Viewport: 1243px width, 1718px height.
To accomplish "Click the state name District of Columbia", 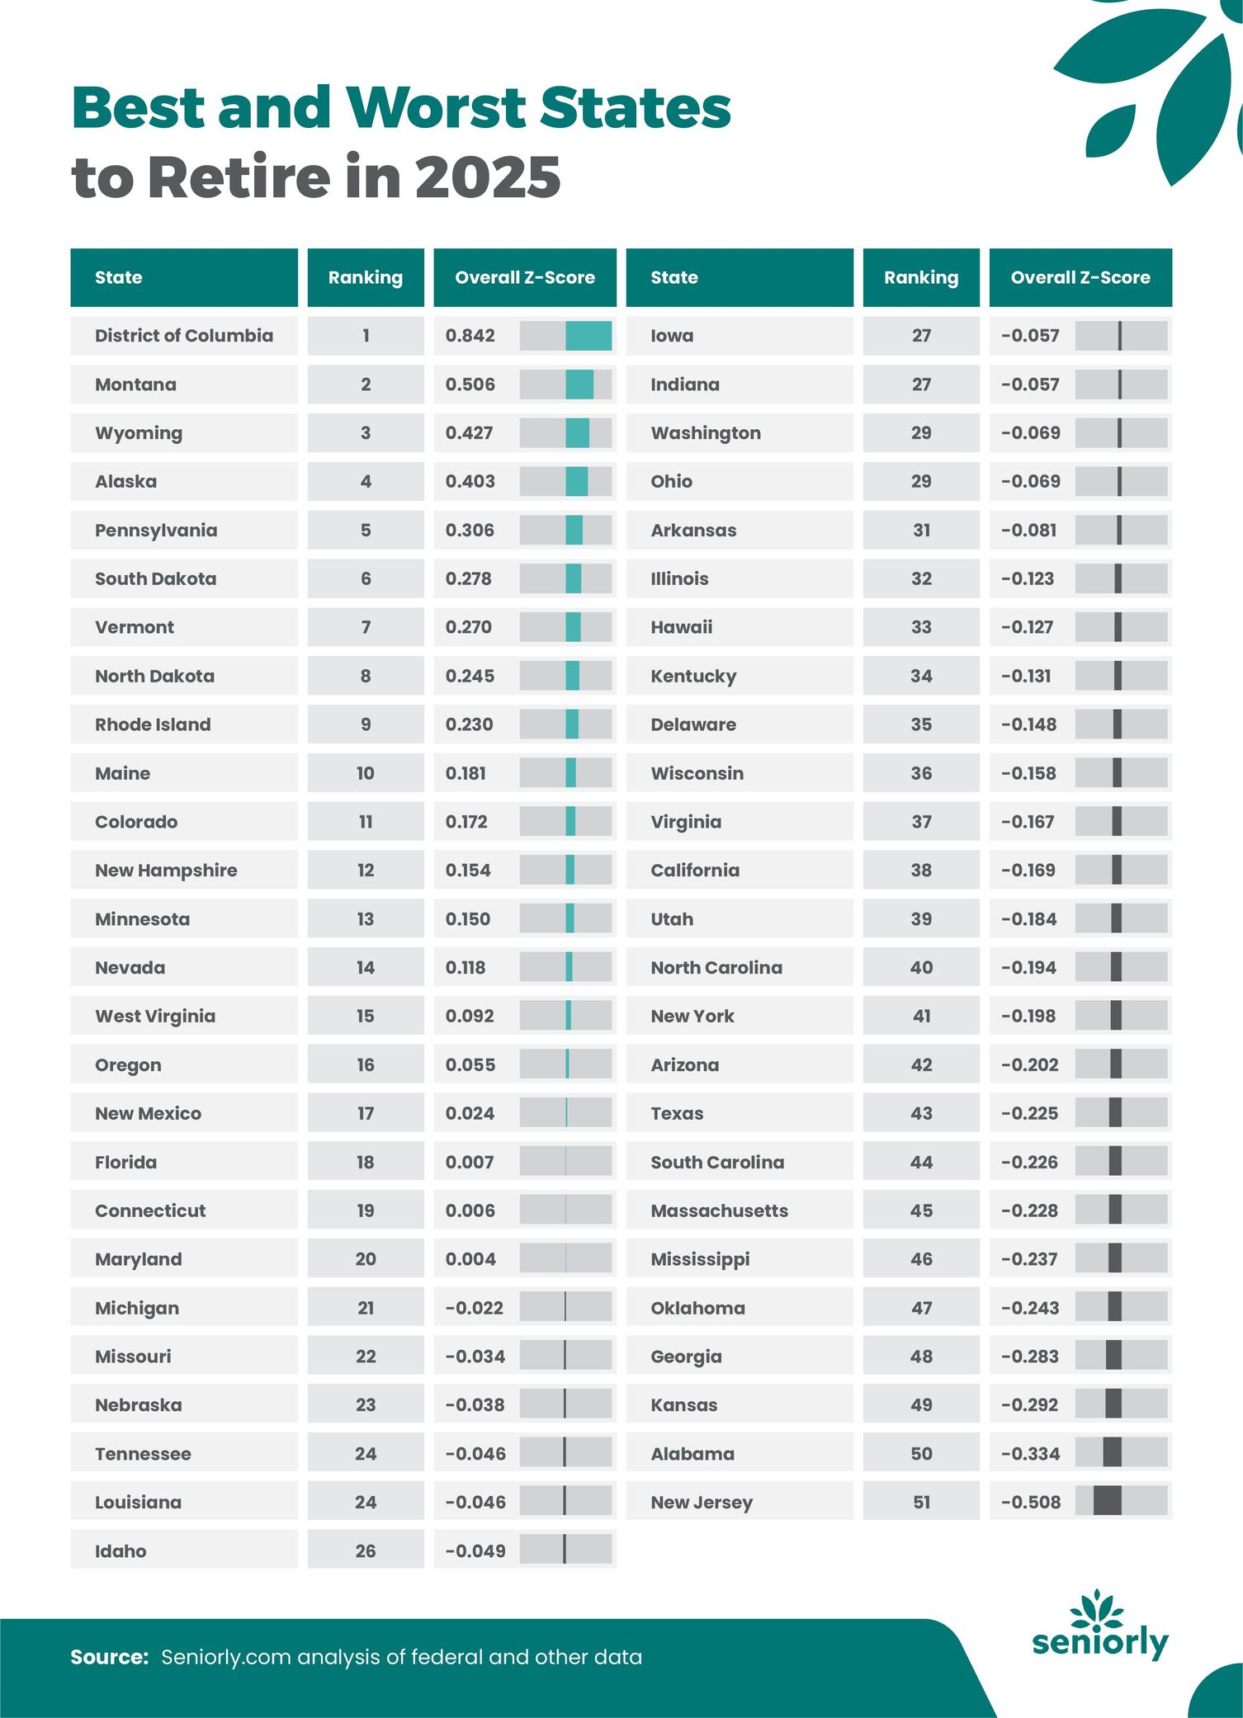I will point(183,336).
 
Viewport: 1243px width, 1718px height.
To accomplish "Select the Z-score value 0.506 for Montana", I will point(470,385).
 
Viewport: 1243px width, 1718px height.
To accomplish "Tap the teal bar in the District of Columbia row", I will point(588,336).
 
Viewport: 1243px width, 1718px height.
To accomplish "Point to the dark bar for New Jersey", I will point(1107,1501).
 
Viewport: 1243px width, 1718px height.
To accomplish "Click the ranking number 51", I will point(921,1502).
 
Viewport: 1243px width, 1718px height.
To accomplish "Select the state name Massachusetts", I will point(719,1211).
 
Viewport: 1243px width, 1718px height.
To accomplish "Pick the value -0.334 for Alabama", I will point(1030,1453).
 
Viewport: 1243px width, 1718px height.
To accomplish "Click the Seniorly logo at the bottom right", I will point(1100,1626).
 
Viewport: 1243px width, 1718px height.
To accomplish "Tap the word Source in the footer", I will point(109,1657).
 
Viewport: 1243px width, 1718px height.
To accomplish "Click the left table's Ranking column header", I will point(365,277).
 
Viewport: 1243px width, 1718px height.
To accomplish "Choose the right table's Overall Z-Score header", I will point(1080,277).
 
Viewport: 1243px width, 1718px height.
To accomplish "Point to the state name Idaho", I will point(121,1550).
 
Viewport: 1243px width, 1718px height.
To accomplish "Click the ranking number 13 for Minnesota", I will point(365,919).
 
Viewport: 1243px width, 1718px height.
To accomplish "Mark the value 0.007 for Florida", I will point(469,1162).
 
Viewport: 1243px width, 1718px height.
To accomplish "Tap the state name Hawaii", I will point(681,627).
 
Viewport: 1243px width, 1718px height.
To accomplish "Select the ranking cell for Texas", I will point(921,1113).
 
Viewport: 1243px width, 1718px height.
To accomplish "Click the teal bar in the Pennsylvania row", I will point(574,530).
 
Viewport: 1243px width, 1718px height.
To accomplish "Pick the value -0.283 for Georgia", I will point(1029,1356).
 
